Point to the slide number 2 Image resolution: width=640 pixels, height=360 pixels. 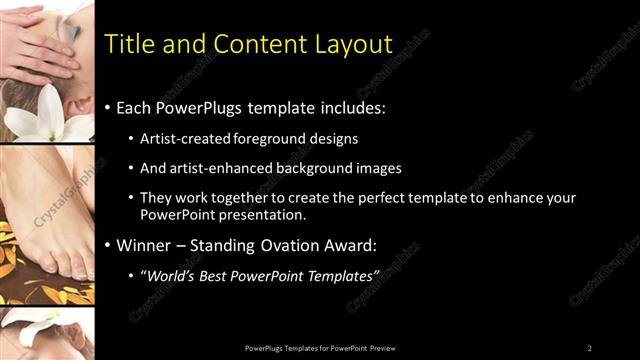[589, 348]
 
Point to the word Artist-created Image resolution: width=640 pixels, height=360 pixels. [186, 138]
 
